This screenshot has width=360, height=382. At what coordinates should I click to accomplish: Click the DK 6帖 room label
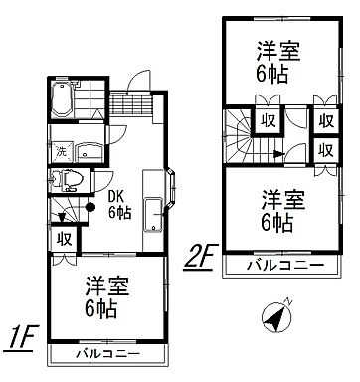point(118,205)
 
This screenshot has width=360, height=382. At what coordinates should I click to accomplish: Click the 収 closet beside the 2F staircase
point(268,121)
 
